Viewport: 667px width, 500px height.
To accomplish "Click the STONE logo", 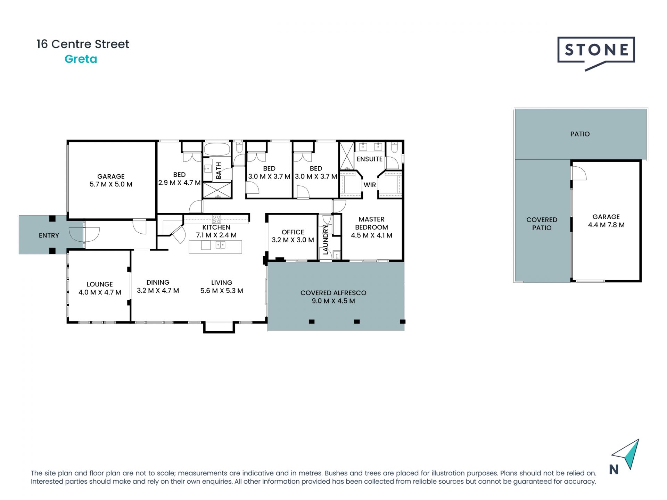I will click(596, 51).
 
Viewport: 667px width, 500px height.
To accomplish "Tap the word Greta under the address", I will click(81, 59).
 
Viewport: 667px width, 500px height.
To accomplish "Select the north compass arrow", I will click(627, 455).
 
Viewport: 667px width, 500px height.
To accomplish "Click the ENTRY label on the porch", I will click(49, 235).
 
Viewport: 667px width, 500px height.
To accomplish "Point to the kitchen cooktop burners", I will click(216, 219).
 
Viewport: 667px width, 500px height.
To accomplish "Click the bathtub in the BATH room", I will click(217, 150).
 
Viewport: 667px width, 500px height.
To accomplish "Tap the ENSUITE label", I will click(369, 159).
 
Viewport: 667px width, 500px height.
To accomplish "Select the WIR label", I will click(370, 185).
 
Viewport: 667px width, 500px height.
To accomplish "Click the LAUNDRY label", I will click(326, 240).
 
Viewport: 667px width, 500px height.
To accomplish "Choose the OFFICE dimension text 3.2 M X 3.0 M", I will click(293, 240).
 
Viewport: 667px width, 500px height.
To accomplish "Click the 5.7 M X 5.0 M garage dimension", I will click(111, 184).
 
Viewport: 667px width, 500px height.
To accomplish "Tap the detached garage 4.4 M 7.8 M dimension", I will click(606, 225).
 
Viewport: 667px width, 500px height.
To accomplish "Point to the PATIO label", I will click(580, 134).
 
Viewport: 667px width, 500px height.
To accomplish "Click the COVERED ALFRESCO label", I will click(333, 293).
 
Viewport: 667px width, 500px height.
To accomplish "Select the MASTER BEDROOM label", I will click(371, 223).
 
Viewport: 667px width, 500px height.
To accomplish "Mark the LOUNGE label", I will click(100, 284).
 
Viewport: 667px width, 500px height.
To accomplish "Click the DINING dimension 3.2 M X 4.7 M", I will click(158, 291).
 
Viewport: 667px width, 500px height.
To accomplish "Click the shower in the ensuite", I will click(346, 155).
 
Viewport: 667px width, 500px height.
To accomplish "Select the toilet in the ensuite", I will click(394, 149).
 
